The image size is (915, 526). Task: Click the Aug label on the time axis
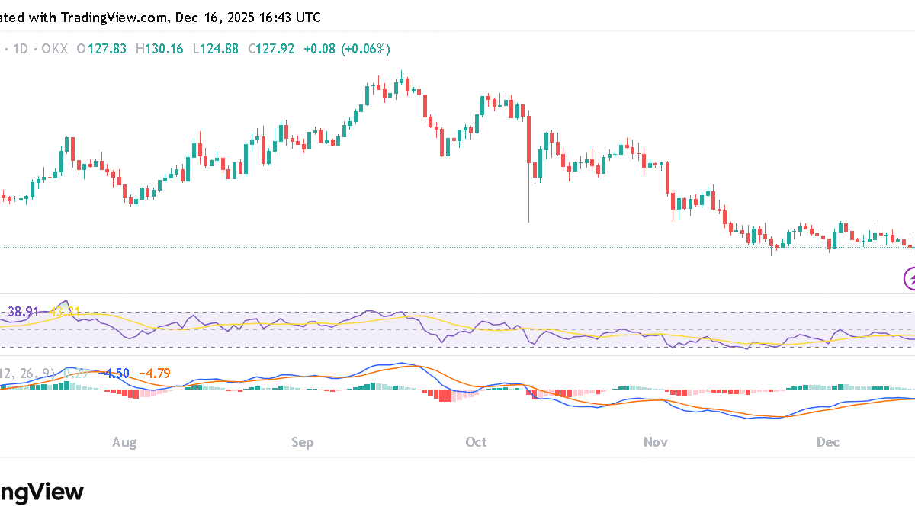[124, 442]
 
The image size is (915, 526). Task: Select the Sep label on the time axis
[303, 442]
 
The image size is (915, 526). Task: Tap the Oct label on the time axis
[477, 442]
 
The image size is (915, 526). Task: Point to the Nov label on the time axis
[656, 442]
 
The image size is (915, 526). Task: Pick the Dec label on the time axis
[828, 442]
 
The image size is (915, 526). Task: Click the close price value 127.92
[276, 49]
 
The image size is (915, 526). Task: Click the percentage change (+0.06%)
[366, 49]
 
